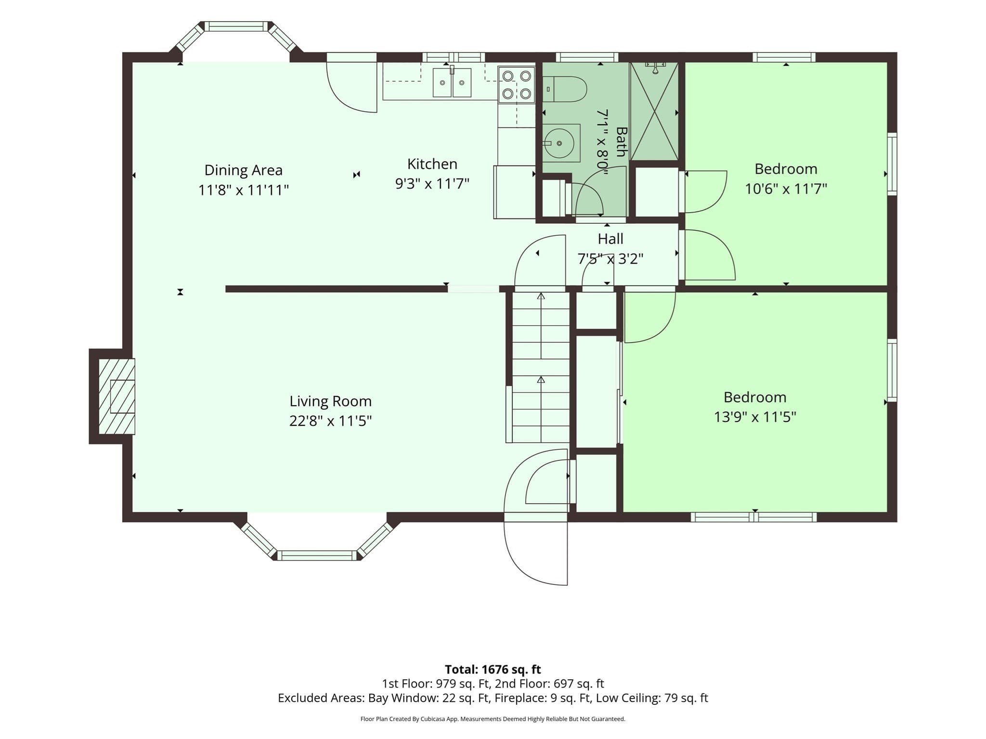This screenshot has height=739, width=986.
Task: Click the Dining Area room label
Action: click(x=243, y=170)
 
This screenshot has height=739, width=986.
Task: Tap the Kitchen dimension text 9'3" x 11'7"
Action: click(x=432, y=183)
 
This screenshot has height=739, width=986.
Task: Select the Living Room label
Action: click(x=330, y=401)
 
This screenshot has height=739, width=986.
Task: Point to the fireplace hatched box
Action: click(x=117, y=396)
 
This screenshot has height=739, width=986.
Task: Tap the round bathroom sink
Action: click(x=559, y=143)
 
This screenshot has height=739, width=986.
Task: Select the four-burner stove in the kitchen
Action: click(x=517, y=85)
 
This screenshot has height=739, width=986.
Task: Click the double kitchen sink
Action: click(x=452, y=82)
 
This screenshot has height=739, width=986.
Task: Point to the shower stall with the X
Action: click(x=654, y=112)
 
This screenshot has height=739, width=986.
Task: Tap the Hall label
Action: click(x=610, y=239)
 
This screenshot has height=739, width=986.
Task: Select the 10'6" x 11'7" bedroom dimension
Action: click(x=786, y=189)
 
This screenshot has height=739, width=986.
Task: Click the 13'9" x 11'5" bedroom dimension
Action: click(x=755, y=417)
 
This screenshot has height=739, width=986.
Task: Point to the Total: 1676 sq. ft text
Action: click(x=493, y=669)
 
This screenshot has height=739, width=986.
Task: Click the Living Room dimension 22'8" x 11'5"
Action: click(x=330, y=421)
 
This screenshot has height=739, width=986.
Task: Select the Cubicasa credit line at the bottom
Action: click(x=493, y=719)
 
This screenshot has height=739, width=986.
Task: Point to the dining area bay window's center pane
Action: click(x=236, y=26)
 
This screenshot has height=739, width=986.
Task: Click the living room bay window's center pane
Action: click(x=317, y=556)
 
